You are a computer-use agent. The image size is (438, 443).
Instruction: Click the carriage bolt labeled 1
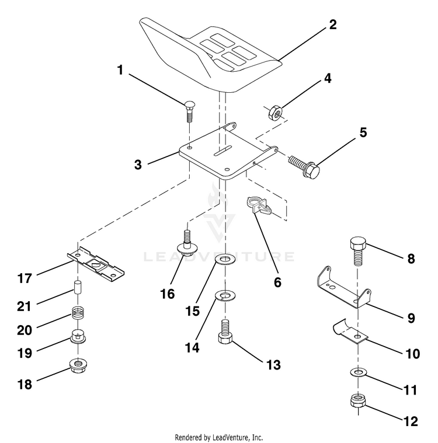click(189, 111)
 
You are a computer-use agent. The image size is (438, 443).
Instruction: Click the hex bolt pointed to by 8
click(357, 251)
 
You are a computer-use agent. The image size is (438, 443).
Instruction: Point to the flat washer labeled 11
click(357, 372)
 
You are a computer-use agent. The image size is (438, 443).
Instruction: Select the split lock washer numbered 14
click(225, 295)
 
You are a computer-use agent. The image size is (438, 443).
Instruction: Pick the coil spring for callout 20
click(77, 313)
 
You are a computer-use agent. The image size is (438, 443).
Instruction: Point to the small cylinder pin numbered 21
click(77, 288)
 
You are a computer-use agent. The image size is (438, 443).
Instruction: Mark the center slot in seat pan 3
click(223, 151)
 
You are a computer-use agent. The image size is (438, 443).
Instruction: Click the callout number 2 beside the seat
click(333, 25)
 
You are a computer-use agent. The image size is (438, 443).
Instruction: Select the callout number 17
click(25, 278)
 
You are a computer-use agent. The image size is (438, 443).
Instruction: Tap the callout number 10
click(412, 354)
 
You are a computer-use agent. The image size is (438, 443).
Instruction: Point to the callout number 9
click(411, 318)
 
